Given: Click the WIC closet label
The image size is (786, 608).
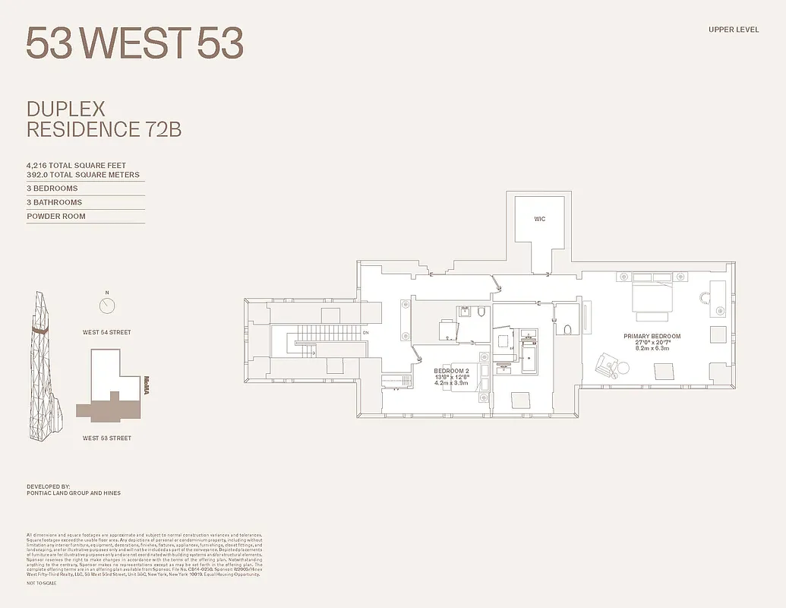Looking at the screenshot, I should click(x=539, y=219).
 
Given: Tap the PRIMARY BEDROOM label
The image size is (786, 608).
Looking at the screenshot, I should click(x=652, y=336).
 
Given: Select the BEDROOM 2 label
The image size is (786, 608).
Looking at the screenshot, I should click(x=452, y=372).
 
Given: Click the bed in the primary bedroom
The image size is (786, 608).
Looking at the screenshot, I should click(x=652, y=297).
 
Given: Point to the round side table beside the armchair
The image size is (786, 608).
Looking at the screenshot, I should click(x=623, y=368).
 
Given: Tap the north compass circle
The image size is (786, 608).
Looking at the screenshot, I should click(x=107, y=306).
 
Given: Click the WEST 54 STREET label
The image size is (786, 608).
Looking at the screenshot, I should click(x=107, y=332).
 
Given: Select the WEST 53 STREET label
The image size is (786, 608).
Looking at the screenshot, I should click(x=107, y=438).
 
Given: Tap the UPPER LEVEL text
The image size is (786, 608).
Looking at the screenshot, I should click(x=734, y=30).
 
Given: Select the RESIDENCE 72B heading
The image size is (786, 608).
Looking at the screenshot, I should click(x=104, y=129).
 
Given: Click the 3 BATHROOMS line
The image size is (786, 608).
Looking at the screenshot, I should click(x=55, y=202).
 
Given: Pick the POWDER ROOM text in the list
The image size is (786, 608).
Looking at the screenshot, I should click(x=56, y=216).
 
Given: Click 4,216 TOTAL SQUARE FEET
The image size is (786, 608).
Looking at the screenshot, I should click(x=76, y=165).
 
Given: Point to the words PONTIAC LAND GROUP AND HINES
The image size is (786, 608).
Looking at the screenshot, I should click(x=74, y=493).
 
